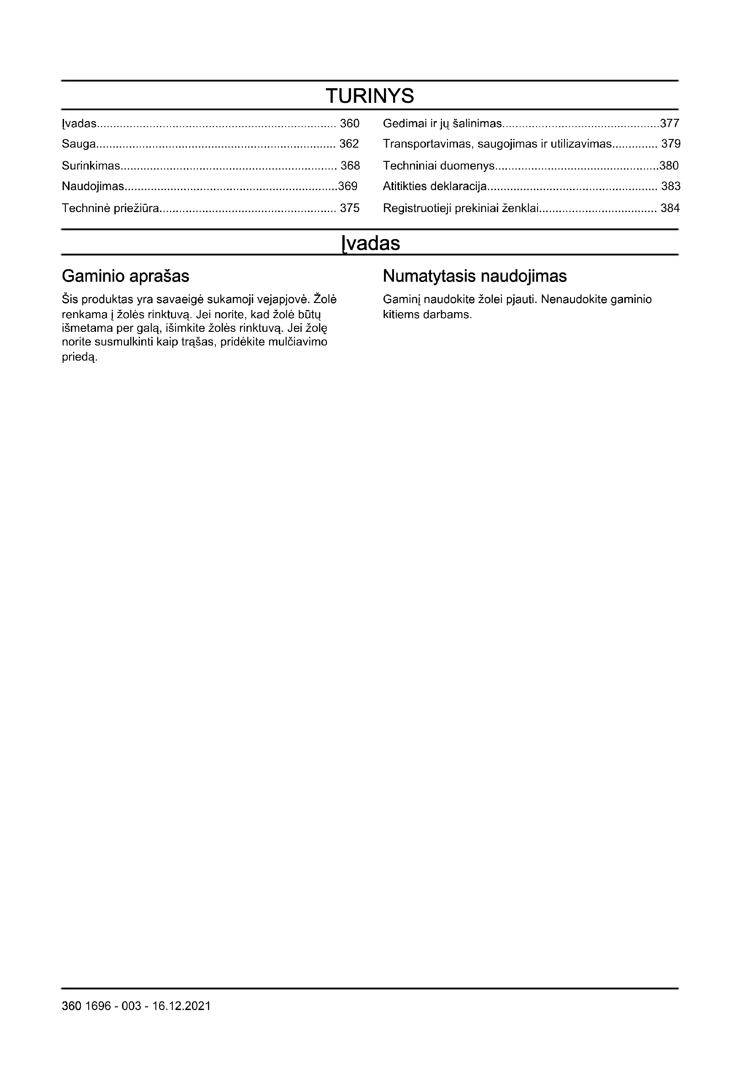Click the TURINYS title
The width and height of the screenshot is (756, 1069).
click(370, 96)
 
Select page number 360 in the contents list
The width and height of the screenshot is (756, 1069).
click(350, 123)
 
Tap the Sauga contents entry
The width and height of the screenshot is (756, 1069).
click(79, 144)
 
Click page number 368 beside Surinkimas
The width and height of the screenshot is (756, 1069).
click(350, 165)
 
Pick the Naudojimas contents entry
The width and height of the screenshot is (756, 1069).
click(93, 186)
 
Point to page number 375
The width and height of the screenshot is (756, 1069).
click(350, 208)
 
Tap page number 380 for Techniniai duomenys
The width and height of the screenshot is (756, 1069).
click(669, 165)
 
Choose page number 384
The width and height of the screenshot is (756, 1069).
click(670, 208)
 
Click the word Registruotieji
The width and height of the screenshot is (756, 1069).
click(417, 208)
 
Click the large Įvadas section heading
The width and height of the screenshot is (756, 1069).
click(371, 243)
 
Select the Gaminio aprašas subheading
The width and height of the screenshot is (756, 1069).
click(125, 276)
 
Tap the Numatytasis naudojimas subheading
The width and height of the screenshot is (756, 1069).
click(474, 276)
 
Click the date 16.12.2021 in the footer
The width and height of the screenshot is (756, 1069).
click(181, 1006)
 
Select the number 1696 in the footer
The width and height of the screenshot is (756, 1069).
click(98, 1006)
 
